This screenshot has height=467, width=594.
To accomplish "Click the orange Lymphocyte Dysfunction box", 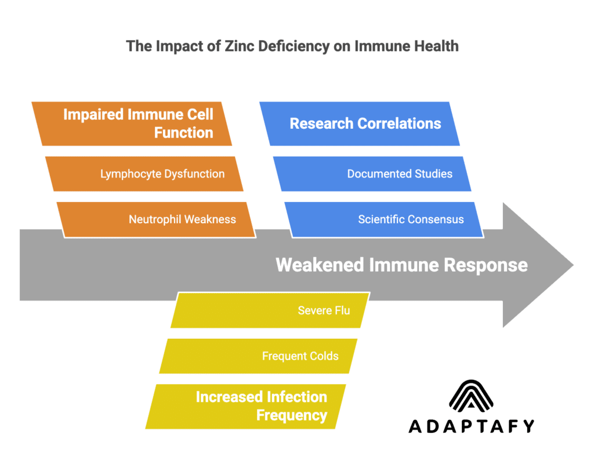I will click(144, 173).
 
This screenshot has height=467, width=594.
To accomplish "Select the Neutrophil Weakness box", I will click(157, 219).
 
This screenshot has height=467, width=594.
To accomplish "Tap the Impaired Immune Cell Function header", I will click(132, 124).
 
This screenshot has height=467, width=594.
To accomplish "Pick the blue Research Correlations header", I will click(360, 124).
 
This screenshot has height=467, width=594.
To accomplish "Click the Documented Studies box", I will click(372, 173).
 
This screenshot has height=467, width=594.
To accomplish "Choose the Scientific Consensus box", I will click(384, 219).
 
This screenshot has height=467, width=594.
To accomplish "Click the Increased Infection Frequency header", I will click(246, 406).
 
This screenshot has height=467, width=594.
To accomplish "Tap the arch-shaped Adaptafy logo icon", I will click(471, 397).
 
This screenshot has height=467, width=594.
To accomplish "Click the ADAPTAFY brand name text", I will click(471, 426).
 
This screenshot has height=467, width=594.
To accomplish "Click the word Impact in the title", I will click(176, 46).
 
